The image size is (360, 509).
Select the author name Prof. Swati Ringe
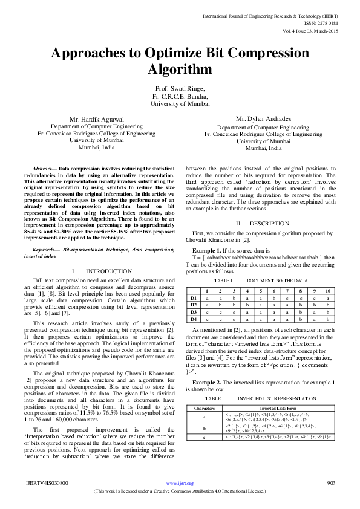[180, 88]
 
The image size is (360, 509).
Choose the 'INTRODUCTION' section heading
[108, 271]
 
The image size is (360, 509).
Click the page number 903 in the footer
[330, 484]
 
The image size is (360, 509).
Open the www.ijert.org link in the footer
[180, 484]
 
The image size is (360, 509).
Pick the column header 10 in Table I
[327, 291]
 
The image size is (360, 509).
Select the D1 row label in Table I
[194, 297]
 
